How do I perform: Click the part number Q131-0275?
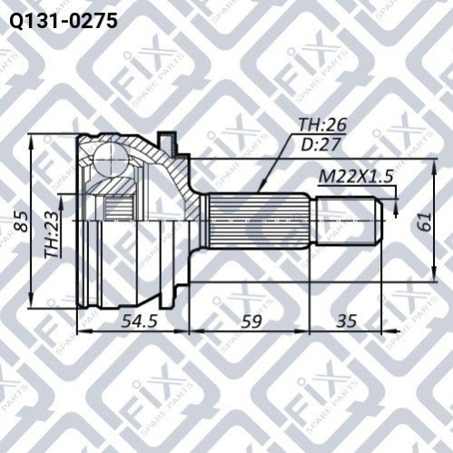click(x=63, y=21)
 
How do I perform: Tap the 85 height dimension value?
click(x=22, y=222)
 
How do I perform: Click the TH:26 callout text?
click(x=322, y=124)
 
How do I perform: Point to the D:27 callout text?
click(x=320, y=144)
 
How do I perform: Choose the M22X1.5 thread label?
click(x=356, y=176)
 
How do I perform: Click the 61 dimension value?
click(x=424, y=222)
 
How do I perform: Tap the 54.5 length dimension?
click(x=139, y=320)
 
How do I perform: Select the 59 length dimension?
click(x=251, y=320)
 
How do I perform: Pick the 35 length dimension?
click(x=346, y=320)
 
